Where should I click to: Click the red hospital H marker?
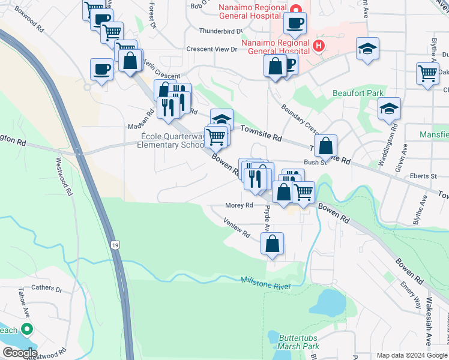(318, 45)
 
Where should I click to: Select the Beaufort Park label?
(358, 94)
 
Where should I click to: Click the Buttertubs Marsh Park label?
(298, 342)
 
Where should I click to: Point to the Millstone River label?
(266, 281)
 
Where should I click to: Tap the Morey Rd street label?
(239, 205)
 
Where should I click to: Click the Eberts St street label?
(424, 176)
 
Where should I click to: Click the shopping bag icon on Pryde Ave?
(273, 244)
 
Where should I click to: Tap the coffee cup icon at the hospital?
(295, 23)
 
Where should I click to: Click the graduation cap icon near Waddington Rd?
(389, 109)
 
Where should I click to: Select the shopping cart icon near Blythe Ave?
(427, 73)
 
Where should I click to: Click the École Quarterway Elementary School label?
(172, 140)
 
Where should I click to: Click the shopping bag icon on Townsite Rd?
(325, 145)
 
